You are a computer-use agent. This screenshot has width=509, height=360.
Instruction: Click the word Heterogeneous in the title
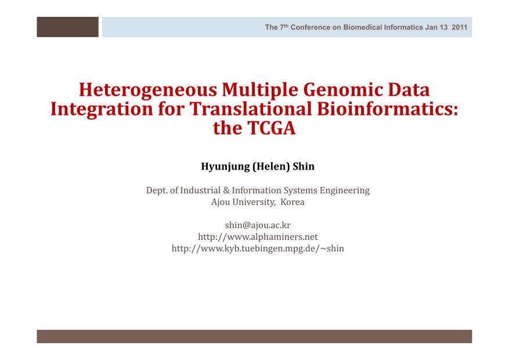point(147,90)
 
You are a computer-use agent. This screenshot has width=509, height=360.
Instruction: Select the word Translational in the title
point(251,109)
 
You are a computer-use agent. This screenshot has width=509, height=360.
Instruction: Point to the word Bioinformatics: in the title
point(388,109)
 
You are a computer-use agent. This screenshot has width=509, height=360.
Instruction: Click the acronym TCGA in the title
point(272,128)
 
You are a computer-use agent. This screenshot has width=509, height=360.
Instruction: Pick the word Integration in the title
point(102,109)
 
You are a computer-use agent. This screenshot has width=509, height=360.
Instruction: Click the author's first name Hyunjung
point(226,167)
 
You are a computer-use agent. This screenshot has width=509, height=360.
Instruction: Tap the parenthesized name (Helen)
point(271,167)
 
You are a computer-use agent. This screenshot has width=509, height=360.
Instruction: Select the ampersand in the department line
point(226,190)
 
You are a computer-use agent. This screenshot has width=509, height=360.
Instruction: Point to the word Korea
point(292,202)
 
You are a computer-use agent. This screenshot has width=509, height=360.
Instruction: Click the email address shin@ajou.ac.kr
point(258,225)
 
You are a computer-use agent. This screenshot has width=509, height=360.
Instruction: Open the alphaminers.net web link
point(258,237)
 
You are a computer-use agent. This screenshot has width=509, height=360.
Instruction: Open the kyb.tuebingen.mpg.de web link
point(258,249)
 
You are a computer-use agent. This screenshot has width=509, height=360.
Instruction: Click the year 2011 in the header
point(459,27)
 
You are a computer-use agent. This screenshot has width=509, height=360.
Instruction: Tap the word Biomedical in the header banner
point(363,27)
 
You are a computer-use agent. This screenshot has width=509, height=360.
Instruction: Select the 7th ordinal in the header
point(284,27)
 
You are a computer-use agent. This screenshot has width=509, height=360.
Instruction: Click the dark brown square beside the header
point(67,27)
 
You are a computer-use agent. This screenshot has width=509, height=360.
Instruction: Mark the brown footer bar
point(254,336)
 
